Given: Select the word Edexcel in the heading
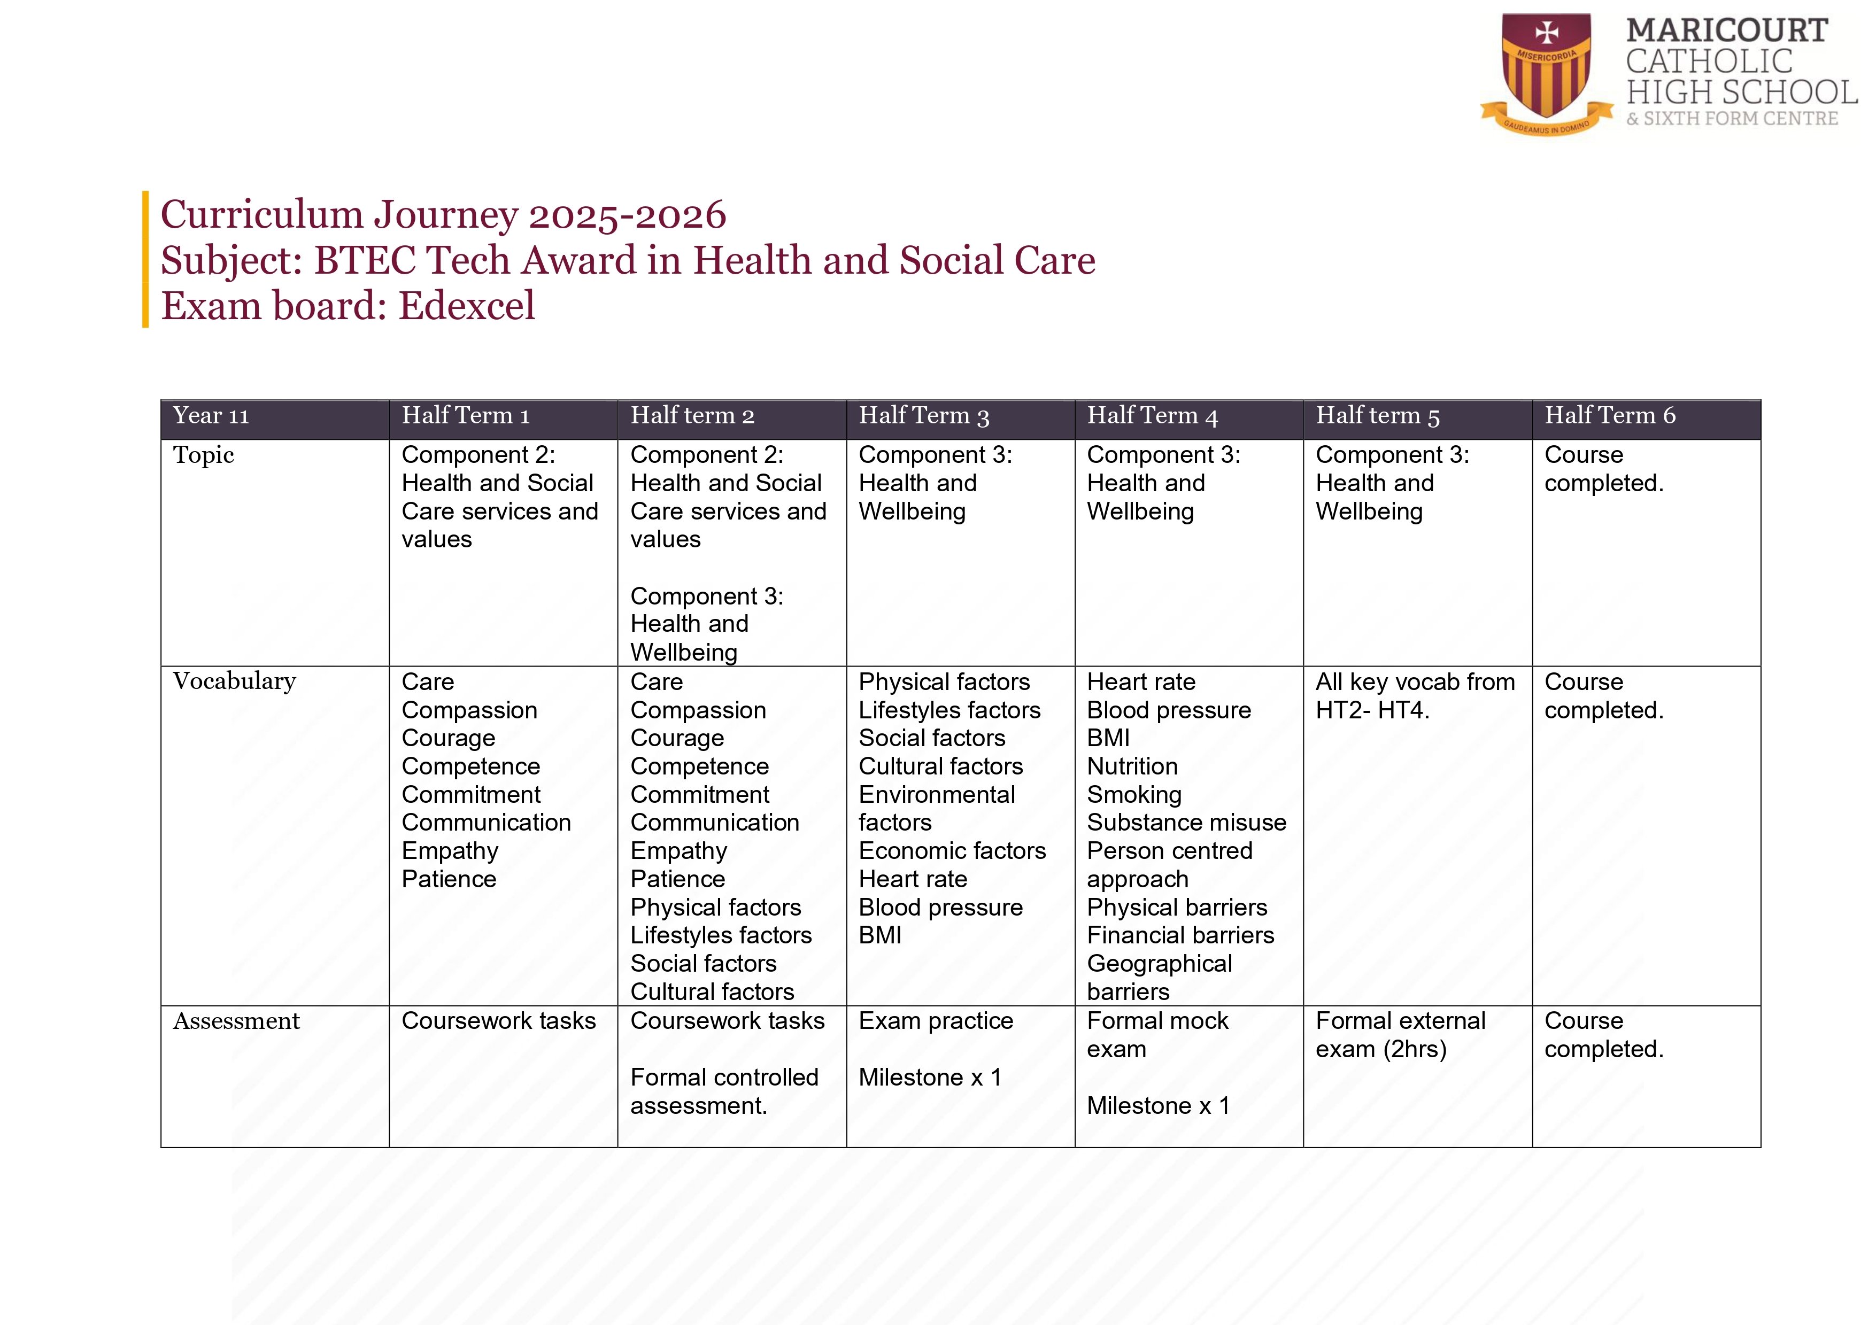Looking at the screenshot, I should click(467, 306).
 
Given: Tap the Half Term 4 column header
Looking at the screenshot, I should click(1152, 416).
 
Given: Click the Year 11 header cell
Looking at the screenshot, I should click(211, 416).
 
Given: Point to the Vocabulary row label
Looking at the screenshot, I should click(235, 681).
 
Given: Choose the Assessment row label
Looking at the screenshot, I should click(236, 1021).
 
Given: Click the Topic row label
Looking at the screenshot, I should click(204, 455).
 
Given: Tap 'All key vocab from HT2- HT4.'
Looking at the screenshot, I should click(1415, 696).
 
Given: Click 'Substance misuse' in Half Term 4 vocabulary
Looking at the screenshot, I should click(1186, 823).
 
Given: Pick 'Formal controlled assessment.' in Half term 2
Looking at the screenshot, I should click(724, 1091).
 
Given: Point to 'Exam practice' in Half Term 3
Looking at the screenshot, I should click(936, 1021).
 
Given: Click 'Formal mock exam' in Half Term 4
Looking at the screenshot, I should click(1157, 1035).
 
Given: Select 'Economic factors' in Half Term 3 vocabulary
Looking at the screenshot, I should click(952, 851).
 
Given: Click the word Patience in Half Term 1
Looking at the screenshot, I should click(449, 879).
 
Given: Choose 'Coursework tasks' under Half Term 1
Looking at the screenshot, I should click(498, 1021).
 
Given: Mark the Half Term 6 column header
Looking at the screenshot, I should click(1610, 416).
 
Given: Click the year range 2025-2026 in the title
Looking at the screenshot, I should click(628, 215).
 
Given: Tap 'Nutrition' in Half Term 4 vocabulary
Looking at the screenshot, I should click(1132, 766).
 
